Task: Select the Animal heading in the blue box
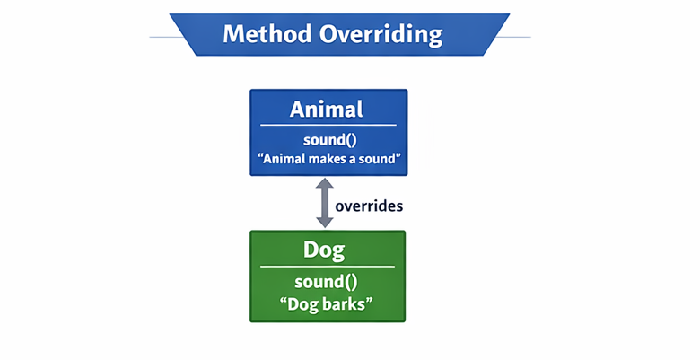[x=326, y=110]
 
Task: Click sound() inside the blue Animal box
[x=327, y=140]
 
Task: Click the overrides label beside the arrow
[x=368, y=206]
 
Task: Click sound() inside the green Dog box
[x=327, y=281]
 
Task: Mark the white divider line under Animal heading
[x=327, y=125]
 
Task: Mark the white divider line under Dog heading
[x=327, y=266]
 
